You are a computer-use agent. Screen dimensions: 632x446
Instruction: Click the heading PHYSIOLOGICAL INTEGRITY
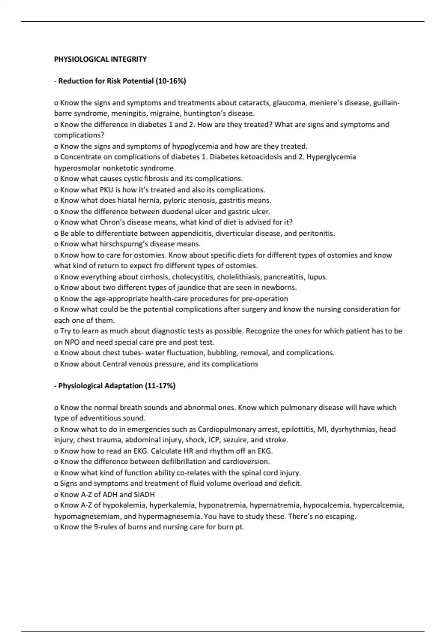100,59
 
